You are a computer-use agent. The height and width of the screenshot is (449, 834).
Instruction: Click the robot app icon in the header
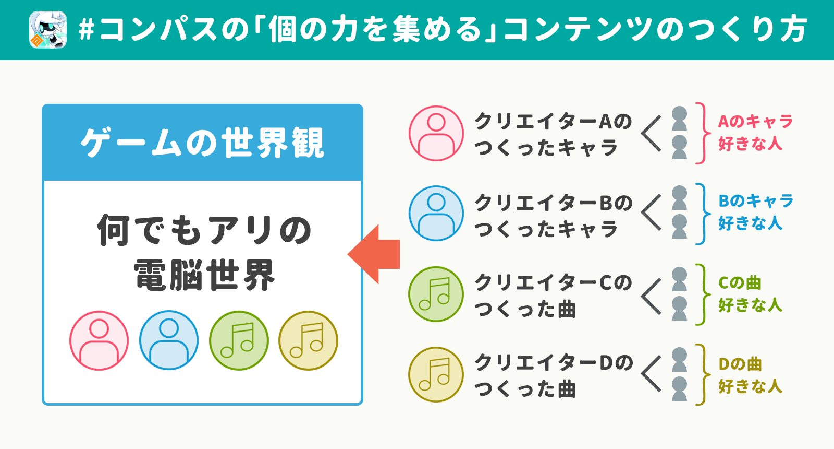point(48,30)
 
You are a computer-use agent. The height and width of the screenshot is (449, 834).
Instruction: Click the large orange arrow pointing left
point(373,254)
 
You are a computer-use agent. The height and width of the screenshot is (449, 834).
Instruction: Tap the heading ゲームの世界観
point(203,143)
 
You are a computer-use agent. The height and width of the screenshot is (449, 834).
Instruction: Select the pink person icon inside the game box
point(99,340)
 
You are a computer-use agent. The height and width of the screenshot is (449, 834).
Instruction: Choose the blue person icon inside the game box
point(169,340)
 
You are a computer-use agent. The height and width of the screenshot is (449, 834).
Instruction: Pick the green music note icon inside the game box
point(239,340)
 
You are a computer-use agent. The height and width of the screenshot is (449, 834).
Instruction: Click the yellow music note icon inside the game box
point(308,340)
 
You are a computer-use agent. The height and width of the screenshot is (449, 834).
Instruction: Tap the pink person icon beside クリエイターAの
point(436,134)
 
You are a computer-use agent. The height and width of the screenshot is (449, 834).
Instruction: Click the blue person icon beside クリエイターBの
point(436,214)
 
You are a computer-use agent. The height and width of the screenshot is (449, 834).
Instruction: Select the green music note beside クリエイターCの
point(436,294)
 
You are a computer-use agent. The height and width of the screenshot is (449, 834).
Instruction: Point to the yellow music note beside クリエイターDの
point(436,374)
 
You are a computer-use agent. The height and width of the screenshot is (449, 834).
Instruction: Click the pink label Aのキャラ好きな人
point(755,133)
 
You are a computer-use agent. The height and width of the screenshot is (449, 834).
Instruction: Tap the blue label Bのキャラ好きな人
point(756,212)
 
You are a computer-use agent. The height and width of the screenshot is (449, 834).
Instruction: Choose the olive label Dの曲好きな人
point(750,375)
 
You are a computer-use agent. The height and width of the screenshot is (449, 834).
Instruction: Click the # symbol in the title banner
point(87,30)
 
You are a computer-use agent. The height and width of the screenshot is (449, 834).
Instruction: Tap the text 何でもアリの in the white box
point(204,230)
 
